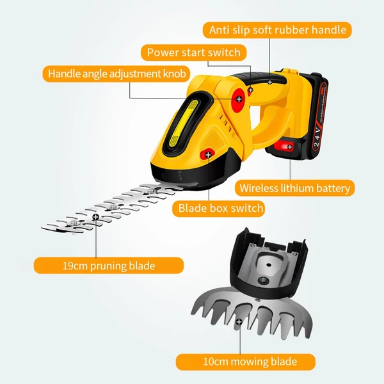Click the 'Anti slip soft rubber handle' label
[x=277, y=30]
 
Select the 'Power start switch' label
[x=194, y=52]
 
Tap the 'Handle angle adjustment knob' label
[x=116, y=74]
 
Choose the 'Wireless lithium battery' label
[x=294, y=188]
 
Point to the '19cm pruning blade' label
[x=109, y=266]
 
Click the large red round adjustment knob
[x=239, y=100]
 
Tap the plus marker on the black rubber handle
[x=270, y=83]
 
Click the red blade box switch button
[x=207, y=154]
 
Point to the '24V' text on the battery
[x=317, y=136]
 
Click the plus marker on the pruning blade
[x=95, y=217]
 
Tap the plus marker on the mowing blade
[x=239, y=321]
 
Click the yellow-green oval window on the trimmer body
[x=182, y=123]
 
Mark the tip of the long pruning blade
[x=42, y=228]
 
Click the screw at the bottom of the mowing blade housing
[x=264, y=280]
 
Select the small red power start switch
[x=250, y=91]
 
